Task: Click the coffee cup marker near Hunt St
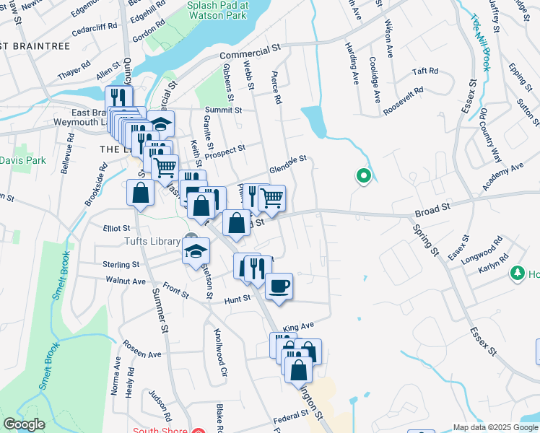279,287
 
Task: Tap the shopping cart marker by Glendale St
271,197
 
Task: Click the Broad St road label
432,210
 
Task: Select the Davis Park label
22,159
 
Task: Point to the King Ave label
299,327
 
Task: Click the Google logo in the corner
24,424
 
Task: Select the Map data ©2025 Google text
495,427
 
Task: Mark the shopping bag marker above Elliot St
140,193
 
